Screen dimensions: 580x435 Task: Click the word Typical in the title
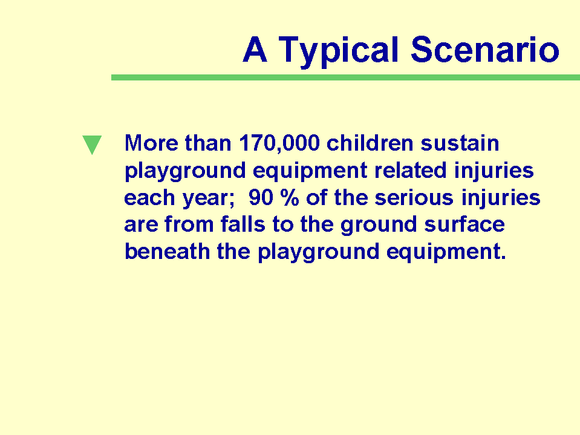339,51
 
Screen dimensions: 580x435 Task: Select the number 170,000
279,143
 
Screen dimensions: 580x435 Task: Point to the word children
370,143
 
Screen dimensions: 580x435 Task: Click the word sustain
460,143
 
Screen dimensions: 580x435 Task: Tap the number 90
261,197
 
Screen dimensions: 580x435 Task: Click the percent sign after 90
290,197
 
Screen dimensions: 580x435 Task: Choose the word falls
243,224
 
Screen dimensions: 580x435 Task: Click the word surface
464,224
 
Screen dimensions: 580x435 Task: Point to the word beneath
167,252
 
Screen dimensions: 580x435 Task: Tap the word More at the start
151,143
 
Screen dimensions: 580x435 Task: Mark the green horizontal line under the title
345,77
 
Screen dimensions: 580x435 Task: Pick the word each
149,197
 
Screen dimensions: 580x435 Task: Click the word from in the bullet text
189,224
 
